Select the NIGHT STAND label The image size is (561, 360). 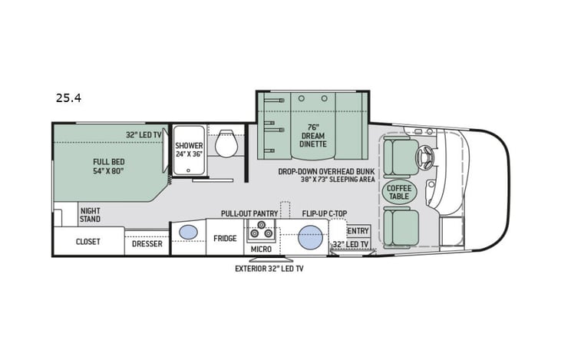click(x=90, y=214)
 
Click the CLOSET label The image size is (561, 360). click(x=87, y=242)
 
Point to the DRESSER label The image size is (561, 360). click(x=147, y=244)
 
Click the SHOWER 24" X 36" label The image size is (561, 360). click(x=188, y=149)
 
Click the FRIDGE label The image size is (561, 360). click(x=226, y=238)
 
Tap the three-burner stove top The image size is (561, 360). click(x=261, y=231)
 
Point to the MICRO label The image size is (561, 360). click(x=261, y=249)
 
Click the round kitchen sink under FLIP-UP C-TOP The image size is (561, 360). click(x=309, y=235)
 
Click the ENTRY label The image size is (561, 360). click(x=358, y=230)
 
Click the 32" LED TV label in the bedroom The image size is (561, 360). click(x=144, y=135)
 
